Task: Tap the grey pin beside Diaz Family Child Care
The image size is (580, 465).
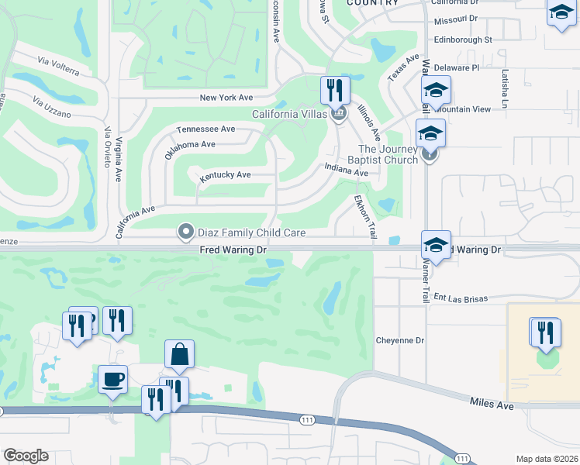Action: [185, 232]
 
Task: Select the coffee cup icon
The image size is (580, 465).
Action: [113, 380]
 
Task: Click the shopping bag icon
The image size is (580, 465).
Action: [179, 354]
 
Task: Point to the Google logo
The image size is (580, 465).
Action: [25, 456]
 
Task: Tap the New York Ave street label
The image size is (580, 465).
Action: [226, 98]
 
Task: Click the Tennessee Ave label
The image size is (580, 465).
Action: [205, 129]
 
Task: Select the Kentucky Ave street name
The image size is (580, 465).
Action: [225, 176]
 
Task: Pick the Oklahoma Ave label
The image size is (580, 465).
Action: [190, 144]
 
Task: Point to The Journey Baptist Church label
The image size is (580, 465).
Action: [388, 154]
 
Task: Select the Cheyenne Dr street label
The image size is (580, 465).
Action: [400, 340]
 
